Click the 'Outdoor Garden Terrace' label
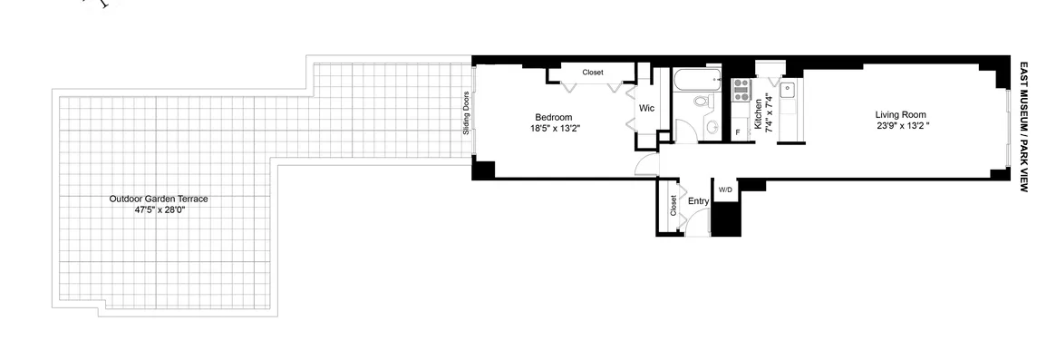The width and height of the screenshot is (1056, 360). (x=159, y=199)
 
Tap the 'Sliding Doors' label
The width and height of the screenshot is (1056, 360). (x=466, y=113)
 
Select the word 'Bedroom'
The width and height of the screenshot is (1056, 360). (x=553, y=117)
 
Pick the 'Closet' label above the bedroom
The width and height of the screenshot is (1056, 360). (x=593, y=73)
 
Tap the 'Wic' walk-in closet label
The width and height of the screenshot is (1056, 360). (x=646, y=108)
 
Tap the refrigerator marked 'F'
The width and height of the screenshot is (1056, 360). (x=739, y=132)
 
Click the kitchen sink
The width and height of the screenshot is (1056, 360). (x=789, y=90)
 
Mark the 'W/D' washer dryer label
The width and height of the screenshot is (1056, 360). (x=725, y=190)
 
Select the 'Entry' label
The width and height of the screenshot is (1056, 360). (x=698, y=201)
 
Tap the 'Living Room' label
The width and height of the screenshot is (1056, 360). (x=900, y=114)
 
